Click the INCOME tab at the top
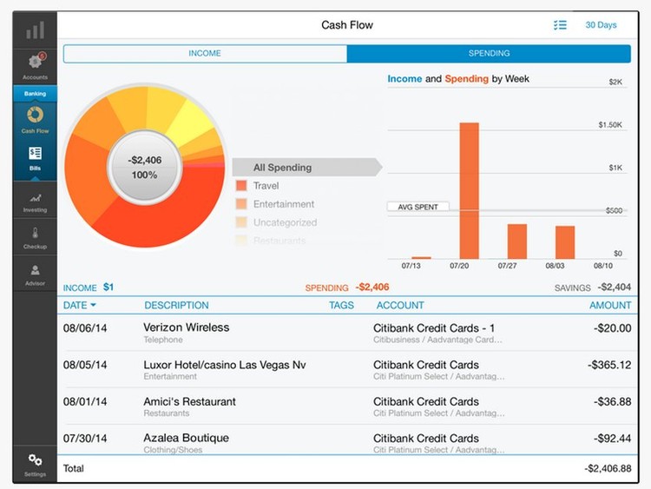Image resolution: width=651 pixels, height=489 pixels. pos(205,54)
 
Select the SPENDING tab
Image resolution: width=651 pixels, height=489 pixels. pos(489,54)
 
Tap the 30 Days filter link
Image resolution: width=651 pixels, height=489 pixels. pos(601,25)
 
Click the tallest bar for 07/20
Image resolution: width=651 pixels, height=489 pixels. pos(470,190)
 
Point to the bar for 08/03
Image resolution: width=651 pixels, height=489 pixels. pos(565,242)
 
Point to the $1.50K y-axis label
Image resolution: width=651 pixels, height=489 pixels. pos(610,125)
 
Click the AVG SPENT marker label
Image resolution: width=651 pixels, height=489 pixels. pos(418,207)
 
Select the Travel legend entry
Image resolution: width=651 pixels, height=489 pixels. pos(266,186)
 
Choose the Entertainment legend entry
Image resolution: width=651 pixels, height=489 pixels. pos(283,204)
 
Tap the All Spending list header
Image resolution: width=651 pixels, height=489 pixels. pos(283,168)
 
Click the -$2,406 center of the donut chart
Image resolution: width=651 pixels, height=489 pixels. pos(145,168)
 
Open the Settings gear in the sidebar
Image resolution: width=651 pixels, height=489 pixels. pos(35,463)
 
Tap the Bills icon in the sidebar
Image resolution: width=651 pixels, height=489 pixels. pos(35,156)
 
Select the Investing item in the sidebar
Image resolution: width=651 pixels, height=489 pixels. pos(35,202)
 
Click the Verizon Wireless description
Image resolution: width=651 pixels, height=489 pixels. pos(187,327)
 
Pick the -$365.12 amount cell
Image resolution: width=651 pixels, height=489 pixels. pos(607,365)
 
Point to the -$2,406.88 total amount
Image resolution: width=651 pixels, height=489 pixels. pos(608,469)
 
